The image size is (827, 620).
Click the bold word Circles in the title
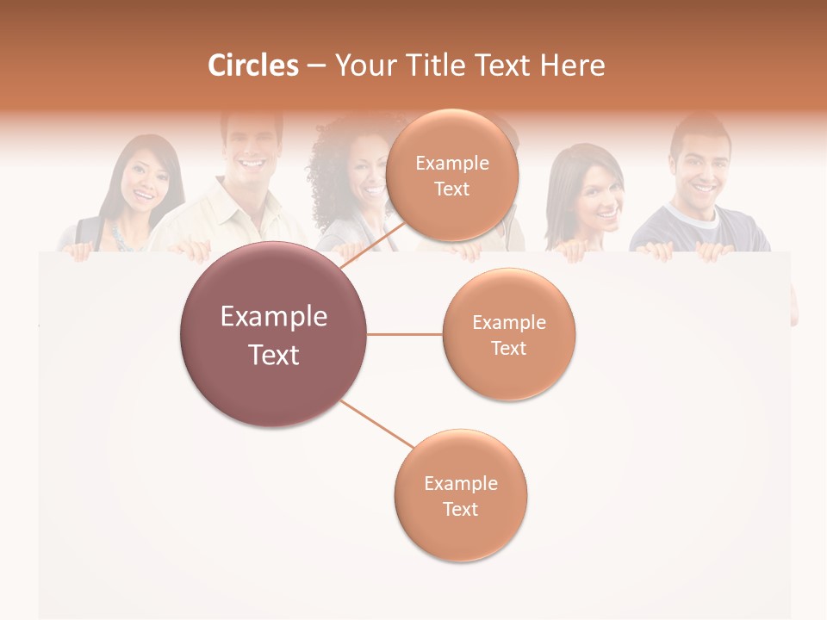click(253, 65)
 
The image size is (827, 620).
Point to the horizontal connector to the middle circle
click(405, 334)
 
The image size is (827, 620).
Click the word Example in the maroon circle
click(274, 317)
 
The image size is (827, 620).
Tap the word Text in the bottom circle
click(460, 509)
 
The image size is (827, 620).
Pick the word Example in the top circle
click(452, 163)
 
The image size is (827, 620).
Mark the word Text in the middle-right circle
click(508, 348)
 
